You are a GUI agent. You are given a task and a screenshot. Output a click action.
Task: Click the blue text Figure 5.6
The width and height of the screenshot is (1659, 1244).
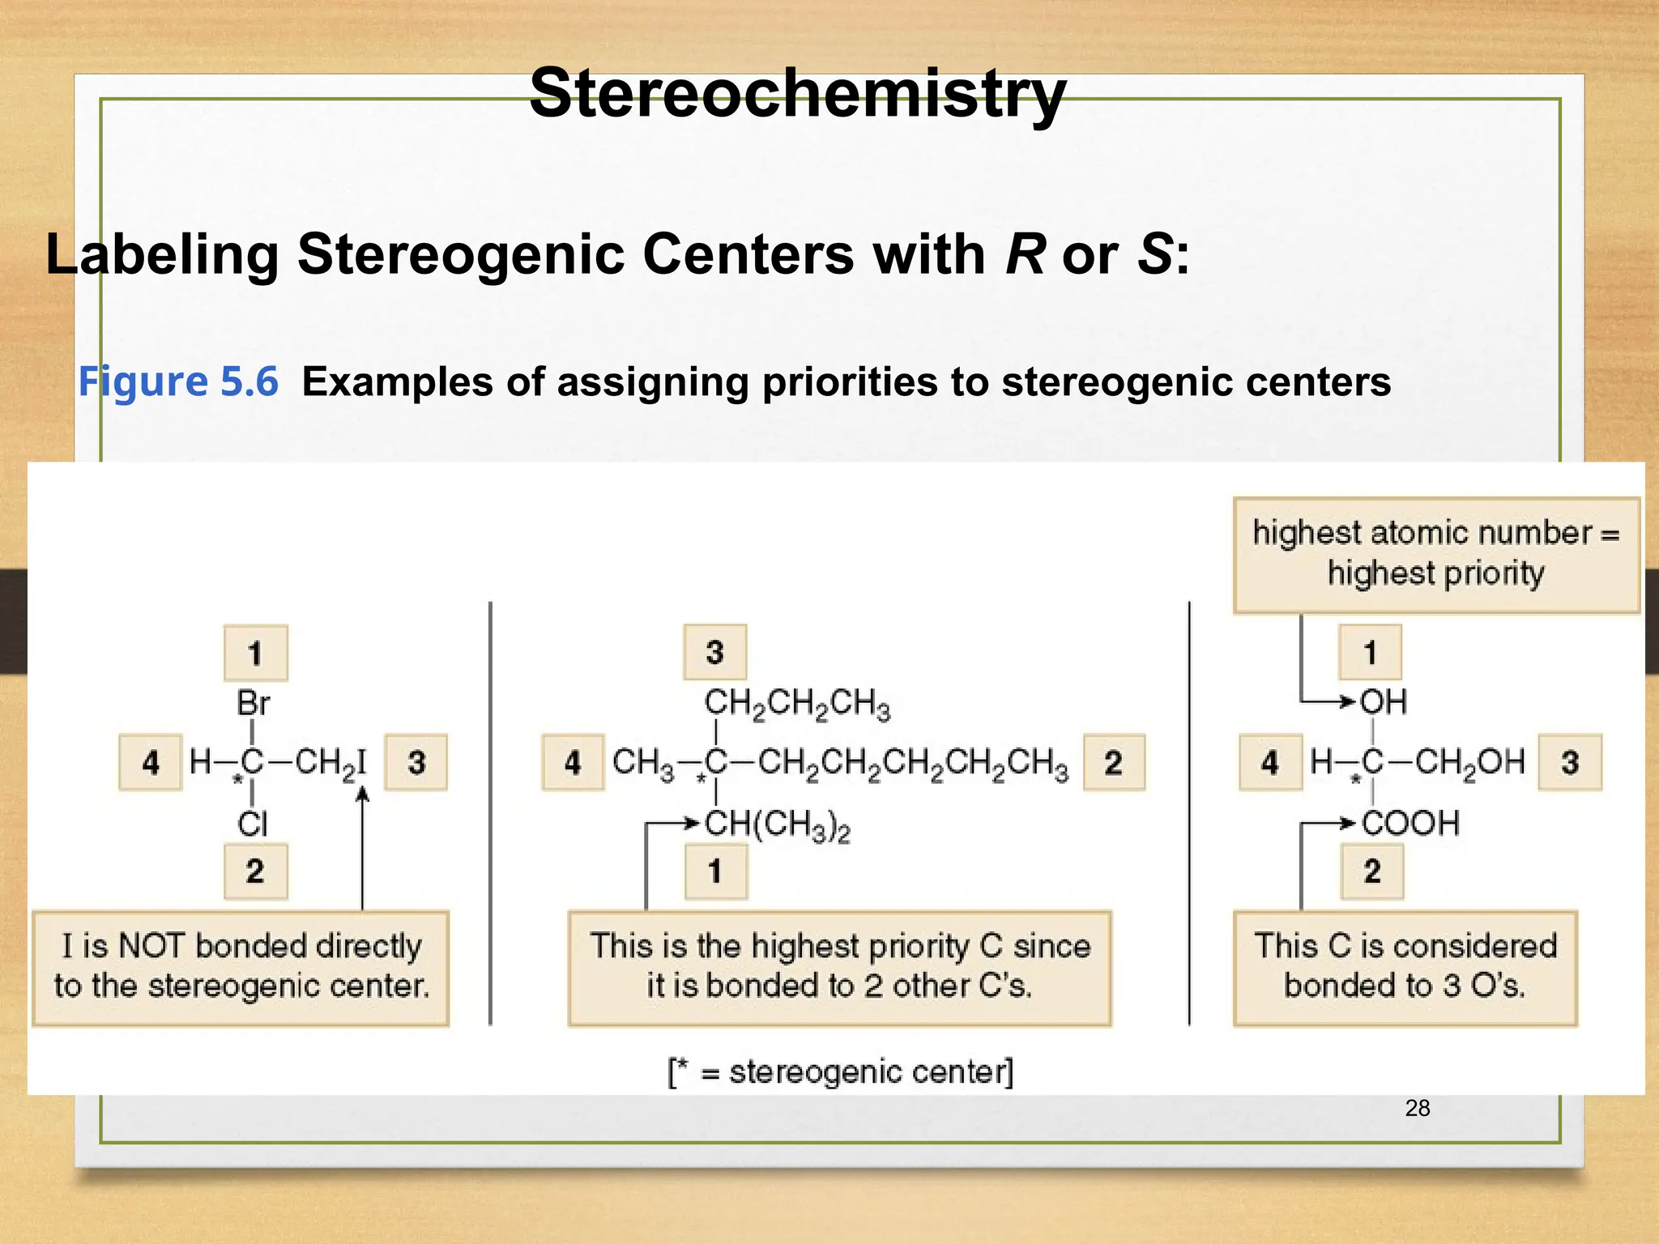178,381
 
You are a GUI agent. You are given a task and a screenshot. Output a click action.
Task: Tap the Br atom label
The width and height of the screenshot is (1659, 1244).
254,703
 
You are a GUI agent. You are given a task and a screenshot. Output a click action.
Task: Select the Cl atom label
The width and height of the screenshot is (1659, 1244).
253,824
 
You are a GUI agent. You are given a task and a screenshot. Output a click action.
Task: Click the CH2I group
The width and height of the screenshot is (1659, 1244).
331,763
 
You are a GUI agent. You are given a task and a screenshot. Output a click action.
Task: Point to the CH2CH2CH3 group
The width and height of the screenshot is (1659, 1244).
797,703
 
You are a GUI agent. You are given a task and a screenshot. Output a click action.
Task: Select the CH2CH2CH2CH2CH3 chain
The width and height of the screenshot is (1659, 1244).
913,763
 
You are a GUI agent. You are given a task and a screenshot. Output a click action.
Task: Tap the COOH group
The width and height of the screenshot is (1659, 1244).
1410,824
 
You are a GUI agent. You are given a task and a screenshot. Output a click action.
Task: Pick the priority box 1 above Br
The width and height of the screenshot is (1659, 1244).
255,653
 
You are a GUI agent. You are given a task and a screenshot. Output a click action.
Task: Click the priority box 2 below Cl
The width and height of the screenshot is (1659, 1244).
255,871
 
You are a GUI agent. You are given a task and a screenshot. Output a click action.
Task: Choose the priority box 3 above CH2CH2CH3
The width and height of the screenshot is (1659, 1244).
714,652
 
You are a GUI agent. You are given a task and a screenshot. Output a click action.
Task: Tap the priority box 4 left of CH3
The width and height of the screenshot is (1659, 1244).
573,762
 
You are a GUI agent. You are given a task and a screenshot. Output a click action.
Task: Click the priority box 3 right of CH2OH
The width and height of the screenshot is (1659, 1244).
1570,762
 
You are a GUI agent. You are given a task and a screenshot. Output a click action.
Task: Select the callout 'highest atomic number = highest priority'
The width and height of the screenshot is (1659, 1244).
1435,554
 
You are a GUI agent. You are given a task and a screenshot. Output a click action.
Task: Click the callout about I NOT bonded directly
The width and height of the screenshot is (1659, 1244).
241,967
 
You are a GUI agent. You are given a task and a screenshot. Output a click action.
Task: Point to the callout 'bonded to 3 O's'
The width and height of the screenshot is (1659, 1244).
1405,967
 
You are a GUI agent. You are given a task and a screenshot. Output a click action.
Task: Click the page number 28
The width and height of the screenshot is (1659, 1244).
1418,1108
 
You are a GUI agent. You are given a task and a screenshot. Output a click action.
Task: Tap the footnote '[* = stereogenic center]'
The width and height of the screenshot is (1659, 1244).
841,1072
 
